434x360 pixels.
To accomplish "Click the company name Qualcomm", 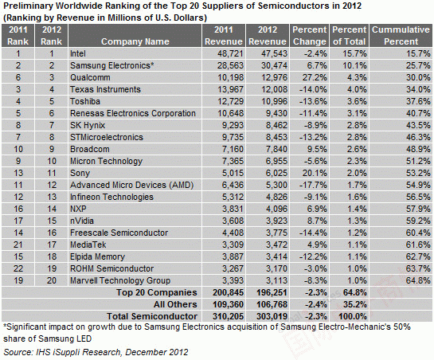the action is [x=90, y=77].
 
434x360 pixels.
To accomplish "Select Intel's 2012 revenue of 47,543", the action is [x=275, y=53].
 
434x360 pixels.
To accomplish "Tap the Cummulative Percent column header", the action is [x=401, y=36].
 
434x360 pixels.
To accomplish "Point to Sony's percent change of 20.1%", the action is [x=315, y=173].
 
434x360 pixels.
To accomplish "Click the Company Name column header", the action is [x=135, y=41].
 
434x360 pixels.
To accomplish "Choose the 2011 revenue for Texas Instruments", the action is [x=230, y=89].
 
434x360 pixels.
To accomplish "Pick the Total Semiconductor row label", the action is [x=152, y=316].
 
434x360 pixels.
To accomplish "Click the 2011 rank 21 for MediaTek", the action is [x=18, y=245].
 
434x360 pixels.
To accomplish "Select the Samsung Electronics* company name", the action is [x=111, y=65].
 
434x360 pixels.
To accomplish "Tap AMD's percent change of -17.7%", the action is [x=313, y=185].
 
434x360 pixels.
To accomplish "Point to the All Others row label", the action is [x=175, y=304].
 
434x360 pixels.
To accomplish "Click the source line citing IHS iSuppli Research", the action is [x=96, y=352].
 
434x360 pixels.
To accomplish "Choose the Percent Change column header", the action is [x=310, y=36].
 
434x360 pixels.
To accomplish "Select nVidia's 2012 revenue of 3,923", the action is [x=276, y=221].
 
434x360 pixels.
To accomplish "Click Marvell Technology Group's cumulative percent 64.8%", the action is [x=418, y=280].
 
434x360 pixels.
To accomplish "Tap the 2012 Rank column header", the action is [x=52, y=36].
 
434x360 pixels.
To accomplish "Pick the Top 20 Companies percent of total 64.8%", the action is [x=355, y=292].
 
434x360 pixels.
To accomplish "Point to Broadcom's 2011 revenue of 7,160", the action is [x=233, y=149].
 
